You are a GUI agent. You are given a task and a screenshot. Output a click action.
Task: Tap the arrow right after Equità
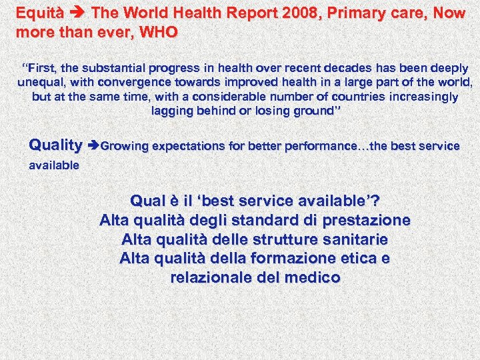click(79, 13)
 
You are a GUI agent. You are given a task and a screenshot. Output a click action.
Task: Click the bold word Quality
click(56, 145)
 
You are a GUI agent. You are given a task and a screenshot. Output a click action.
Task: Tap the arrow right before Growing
click(93, 145)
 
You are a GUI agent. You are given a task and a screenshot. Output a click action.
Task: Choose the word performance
click(313, 145)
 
